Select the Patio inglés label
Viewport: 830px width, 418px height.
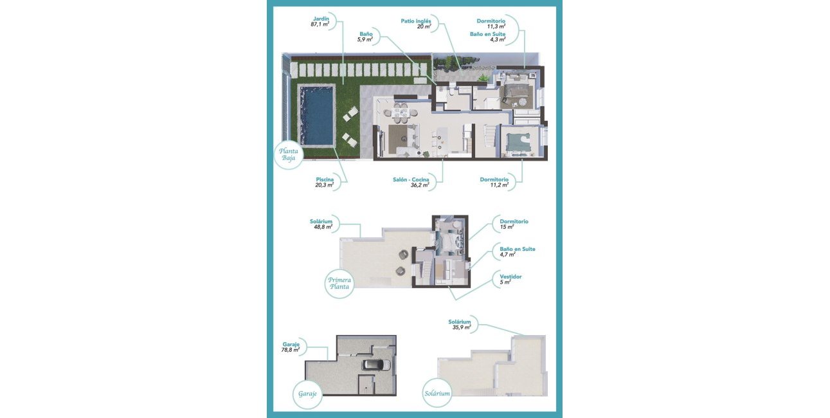click(415, 21)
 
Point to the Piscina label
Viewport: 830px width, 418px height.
click(325, 179)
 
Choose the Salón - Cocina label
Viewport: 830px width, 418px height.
click(411, 179)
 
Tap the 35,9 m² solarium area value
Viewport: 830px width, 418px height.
click(462, 327)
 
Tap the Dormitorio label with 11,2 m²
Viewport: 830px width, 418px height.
click(494, 179)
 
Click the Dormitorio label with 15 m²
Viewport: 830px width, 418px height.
click(514, 221)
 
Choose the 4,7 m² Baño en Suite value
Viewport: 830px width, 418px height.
click(508, 255)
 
